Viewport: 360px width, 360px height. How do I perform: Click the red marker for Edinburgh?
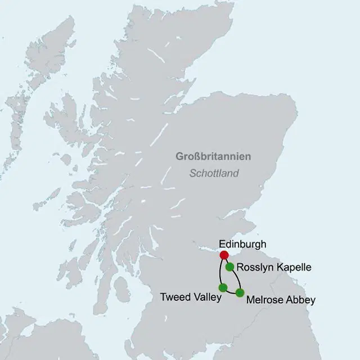coord(224,255)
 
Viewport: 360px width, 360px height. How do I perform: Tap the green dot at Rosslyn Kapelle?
coord(230,267)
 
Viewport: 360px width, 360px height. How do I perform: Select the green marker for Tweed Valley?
coord(223,288)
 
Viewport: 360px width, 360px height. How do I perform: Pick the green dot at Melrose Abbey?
coord(240,292)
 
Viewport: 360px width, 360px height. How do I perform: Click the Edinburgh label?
coord(242,244)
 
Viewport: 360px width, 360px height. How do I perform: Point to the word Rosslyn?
coord(255,267)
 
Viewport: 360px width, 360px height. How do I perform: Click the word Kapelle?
coord(293,267)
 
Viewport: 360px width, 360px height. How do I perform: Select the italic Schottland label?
coord(214,173)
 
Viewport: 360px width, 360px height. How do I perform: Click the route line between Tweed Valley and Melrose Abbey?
coord(231,293)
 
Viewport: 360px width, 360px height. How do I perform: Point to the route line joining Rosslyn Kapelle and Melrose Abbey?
coord(237,279)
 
